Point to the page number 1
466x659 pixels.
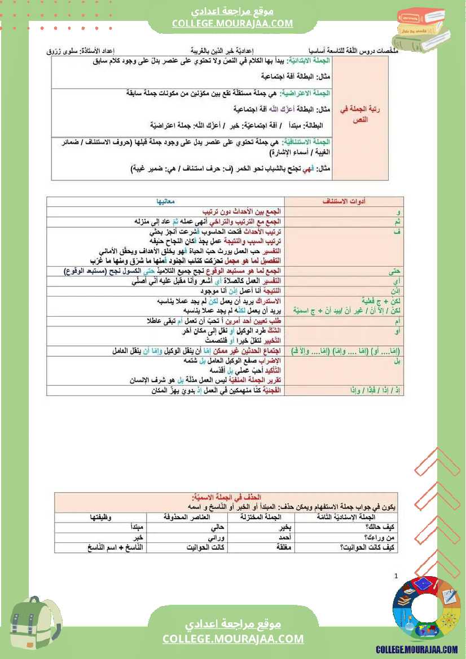[396, 576]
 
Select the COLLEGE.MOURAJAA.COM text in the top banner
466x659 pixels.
[233, 23]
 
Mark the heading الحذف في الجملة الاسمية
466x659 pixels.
[226, 497]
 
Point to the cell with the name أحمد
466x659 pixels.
[286, 537]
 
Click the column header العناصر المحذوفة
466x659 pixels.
[186, 517]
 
